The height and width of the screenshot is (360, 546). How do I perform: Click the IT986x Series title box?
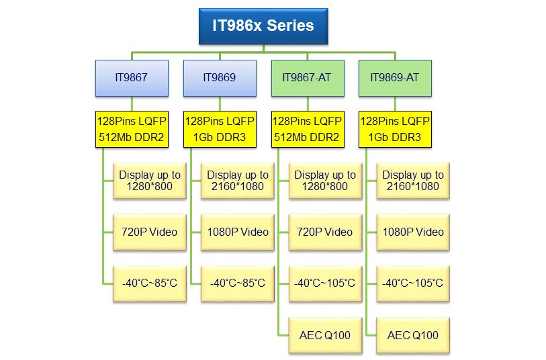point(263,26)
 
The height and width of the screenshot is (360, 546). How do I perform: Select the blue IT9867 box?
point(132,78)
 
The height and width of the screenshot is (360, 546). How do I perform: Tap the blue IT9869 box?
point(220,78)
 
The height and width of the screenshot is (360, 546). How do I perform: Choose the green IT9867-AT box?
point(308,78)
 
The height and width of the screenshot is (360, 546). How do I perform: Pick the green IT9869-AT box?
point(395,78)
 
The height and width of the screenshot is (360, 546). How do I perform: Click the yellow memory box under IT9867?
point(132,129)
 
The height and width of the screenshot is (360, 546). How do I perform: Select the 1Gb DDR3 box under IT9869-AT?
point(395,129)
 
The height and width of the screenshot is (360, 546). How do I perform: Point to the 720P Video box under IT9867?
point(150,232)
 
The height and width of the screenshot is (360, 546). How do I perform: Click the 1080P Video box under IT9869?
point(238,232)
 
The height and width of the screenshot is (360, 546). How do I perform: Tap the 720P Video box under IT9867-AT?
point(325,232)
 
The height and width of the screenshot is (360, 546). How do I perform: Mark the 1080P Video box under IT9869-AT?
point(413,232)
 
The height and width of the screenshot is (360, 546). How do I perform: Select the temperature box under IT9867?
point(150,283)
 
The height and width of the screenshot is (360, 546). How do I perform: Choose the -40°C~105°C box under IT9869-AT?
point(413,283)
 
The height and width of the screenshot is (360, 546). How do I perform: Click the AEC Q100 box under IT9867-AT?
point(325,335)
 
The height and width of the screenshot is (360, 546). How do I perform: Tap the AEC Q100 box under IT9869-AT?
point(413,335)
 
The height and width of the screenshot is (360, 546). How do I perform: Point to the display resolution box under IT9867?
point(150,181)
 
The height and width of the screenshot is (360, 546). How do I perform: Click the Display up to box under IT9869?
point(238,181)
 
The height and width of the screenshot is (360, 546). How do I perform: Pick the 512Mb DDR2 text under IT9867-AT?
point(306,137)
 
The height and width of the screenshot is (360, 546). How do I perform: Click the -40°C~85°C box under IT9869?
point(238,283)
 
